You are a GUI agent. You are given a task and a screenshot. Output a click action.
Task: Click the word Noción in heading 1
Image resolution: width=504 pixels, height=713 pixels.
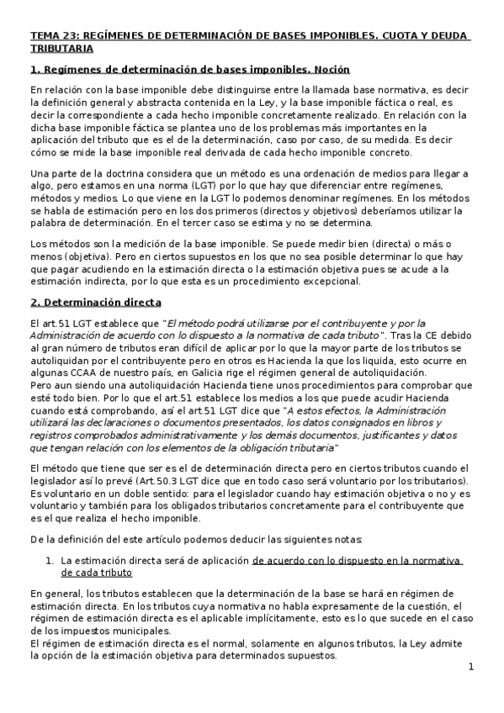[329, 70]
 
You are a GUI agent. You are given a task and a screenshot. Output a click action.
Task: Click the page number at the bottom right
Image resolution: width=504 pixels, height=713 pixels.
[472, 667]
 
